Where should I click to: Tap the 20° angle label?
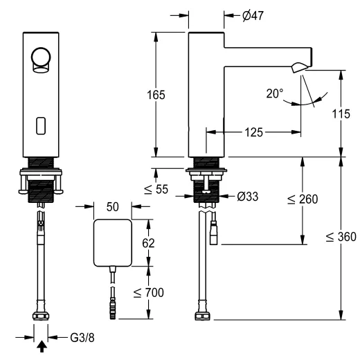click(x=275, y=93)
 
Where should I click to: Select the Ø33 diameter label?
click(x=246, y=196)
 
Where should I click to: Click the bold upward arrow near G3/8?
click(x=42, y=347)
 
